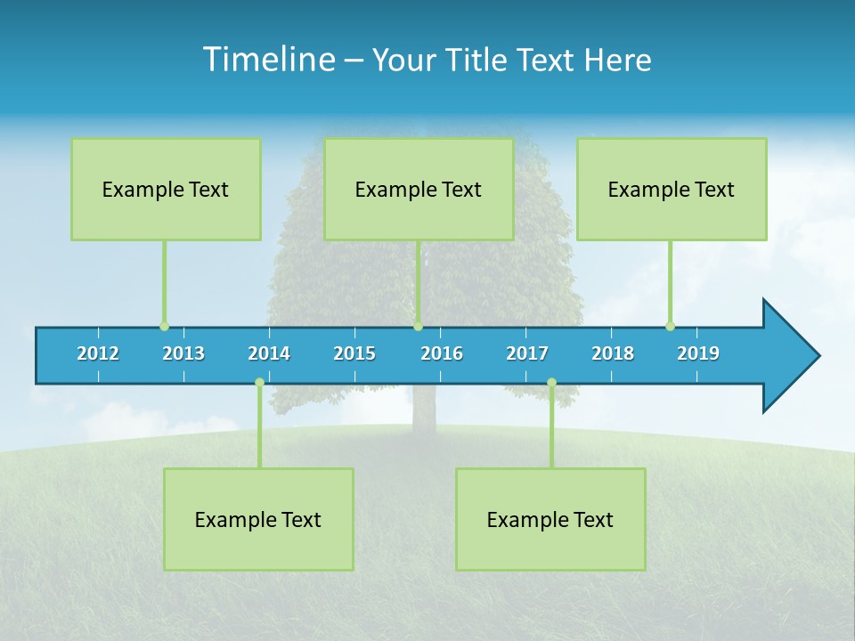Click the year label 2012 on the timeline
(x=98, y=353)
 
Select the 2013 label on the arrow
(x=183, y=353)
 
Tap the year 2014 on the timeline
(x=269, y=353)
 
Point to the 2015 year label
(x=354, y=353)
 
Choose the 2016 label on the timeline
(x=442, y=353)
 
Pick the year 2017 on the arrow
(x=527, y=353)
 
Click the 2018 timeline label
(x=613, y=353)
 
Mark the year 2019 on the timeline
(x=698, y=353)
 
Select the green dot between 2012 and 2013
(x=164, y=326)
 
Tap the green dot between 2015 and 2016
(x=418, y=326)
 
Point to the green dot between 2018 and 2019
(x=670, y=326)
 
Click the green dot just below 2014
(x=259, y=383)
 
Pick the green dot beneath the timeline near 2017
(x=551, y=383)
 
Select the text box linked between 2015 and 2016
(x=419, y=189)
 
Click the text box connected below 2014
(x=258, y=519)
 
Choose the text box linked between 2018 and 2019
(x=672, y=189)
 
